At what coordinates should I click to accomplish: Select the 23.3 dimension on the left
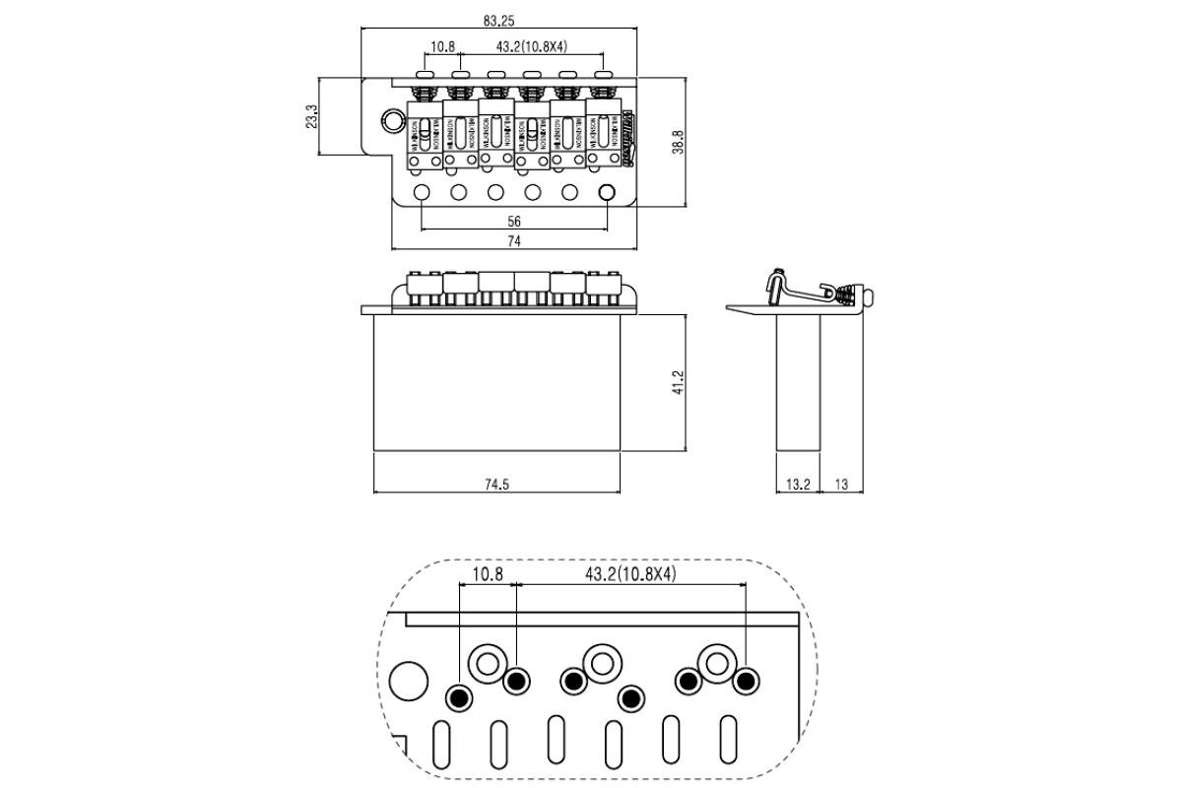tap(312, 116)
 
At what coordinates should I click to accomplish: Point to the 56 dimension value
tap(514, 221)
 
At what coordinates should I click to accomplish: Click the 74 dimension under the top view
tap(514, 241)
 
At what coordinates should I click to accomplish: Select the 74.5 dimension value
tap(497, 484)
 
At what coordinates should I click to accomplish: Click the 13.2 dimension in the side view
tap(799, 484)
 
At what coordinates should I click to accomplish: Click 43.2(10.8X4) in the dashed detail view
tap(630, 572)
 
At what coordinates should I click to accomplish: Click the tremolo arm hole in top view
tap(393, 121)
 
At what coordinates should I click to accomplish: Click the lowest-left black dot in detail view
tap(457, 697)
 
